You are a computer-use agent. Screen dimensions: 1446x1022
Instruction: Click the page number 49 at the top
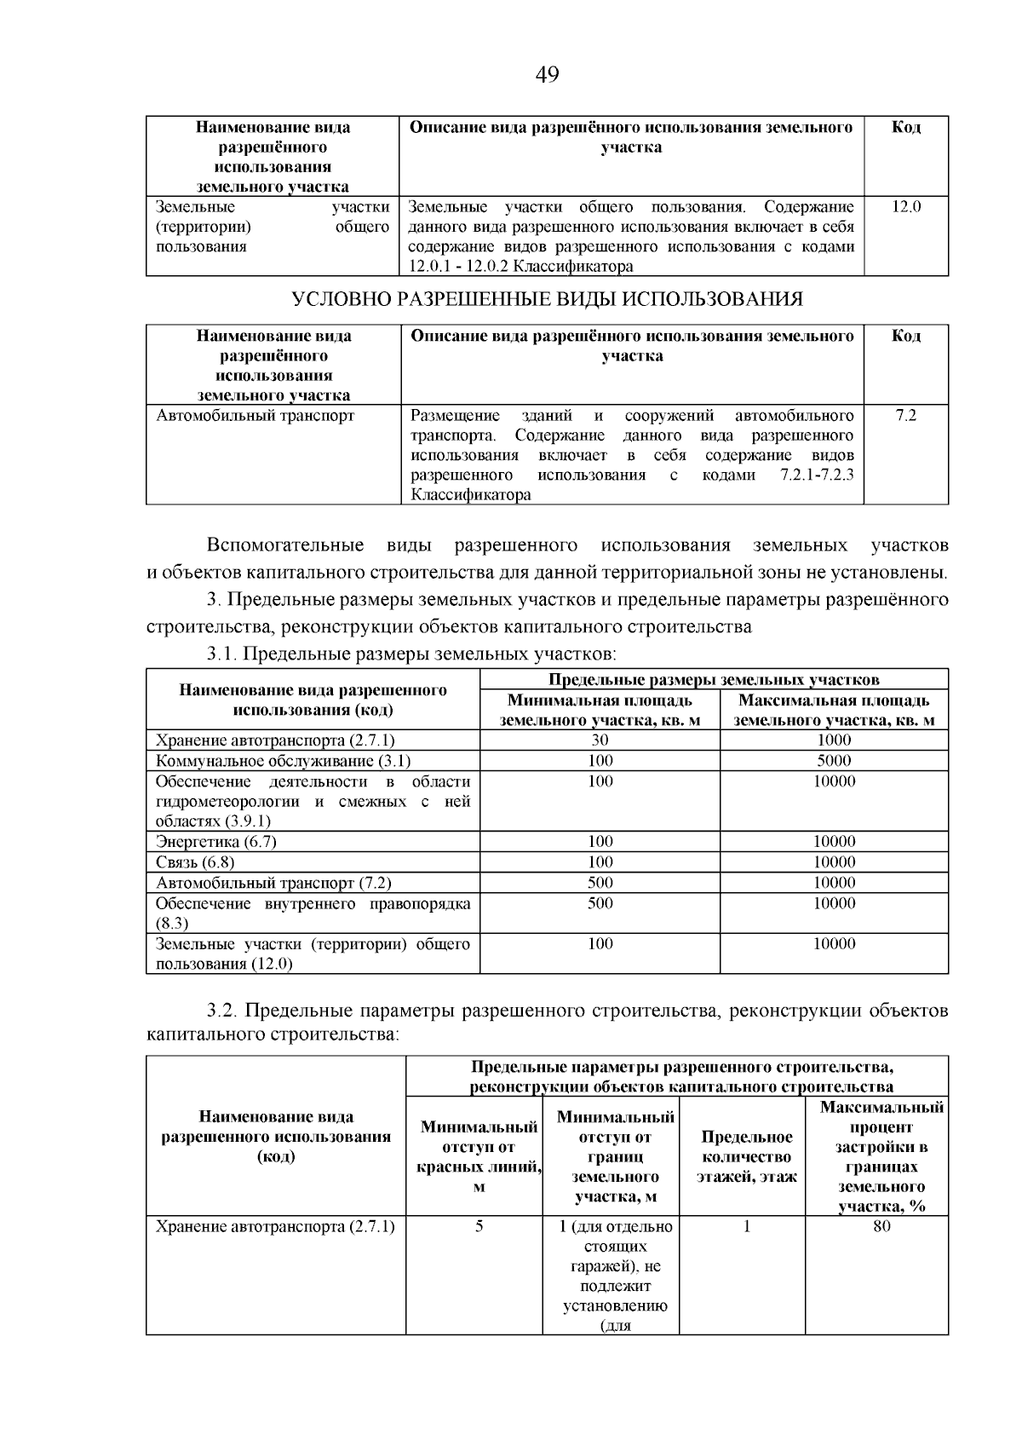coord(547,75)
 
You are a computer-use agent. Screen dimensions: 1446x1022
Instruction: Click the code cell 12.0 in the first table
coord(906,206)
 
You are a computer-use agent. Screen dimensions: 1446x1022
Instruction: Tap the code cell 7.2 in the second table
coord(906,416)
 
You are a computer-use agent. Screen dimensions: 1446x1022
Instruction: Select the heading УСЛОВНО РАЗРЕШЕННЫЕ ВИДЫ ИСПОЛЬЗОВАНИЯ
coord(547,299)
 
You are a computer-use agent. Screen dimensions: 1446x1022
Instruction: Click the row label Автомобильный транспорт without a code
coord(255,416)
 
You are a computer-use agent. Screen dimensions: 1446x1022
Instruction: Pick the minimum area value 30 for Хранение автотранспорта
coord(600,740)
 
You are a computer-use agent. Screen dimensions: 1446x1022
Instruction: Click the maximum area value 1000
coord(834,740)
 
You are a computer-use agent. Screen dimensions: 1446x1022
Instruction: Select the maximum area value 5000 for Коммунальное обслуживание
coord(834,760)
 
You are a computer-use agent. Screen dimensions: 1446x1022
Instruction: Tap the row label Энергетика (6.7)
coord(216,841)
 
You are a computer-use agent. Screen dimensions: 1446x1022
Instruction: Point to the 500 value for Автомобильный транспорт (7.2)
coord(600,883)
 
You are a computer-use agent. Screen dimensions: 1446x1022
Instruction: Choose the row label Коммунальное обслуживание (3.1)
coord(284,760)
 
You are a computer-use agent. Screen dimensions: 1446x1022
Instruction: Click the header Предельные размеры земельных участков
coord(714,679)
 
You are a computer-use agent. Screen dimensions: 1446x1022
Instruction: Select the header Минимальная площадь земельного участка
coord(600,710)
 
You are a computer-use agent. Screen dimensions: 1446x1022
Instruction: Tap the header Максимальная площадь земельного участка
coord(834,710)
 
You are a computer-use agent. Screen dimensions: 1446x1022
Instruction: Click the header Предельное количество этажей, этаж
coord(747,1156)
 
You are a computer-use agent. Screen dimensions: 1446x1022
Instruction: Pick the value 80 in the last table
coord(881,1226)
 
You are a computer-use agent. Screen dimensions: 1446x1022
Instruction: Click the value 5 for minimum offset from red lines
coord(479,1226)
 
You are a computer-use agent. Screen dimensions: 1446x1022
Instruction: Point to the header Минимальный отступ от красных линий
coord(479,1156)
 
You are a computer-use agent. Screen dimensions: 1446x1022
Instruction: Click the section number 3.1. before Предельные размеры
coord(223,654)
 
